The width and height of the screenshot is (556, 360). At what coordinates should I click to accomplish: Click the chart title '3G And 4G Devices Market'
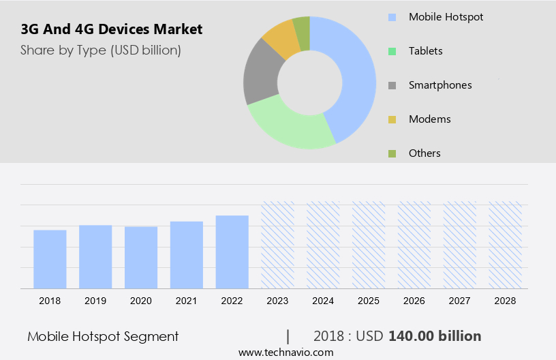[x=111, y=30]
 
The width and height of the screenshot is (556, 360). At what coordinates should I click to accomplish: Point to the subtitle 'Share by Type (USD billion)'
[x=100, y=50]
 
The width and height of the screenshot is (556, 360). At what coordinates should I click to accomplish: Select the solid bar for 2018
[x=50, y=259]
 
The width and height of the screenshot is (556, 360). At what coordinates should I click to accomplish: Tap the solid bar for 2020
[x=141, y=257]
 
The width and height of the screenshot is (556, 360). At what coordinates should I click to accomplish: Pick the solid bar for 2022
[x=232, y=252]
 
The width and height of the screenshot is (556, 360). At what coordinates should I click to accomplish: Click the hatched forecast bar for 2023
[x=278, y=245]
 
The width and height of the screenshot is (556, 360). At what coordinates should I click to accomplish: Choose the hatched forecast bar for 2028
[x=506, y=245]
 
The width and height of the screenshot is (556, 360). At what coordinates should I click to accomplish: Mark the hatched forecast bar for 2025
[x=369, y=245]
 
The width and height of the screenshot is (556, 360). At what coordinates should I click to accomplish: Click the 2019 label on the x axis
[x=95, y=301]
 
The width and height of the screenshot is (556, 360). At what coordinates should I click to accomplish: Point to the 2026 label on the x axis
[x=414, y=301]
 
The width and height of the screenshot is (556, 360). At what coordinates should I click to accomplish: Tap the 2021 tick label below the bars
[x=187, y=301]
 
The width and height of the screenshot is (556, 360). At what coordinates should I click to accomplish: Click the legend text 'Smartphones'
[x=440, y=85]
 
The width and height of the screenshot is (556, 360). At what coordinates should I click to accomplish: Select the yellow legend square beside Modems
[x=392, y=120]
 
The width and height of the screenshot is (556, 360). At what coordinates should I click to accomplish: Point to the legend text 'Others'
[x=424, y=153]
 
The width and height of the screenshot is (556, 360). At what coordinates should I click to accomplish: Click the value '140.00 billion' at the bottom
[x=435, y=336]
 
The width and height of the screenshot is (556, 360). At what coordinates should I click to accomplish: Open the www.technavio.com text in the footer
[x=286, y=352]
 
